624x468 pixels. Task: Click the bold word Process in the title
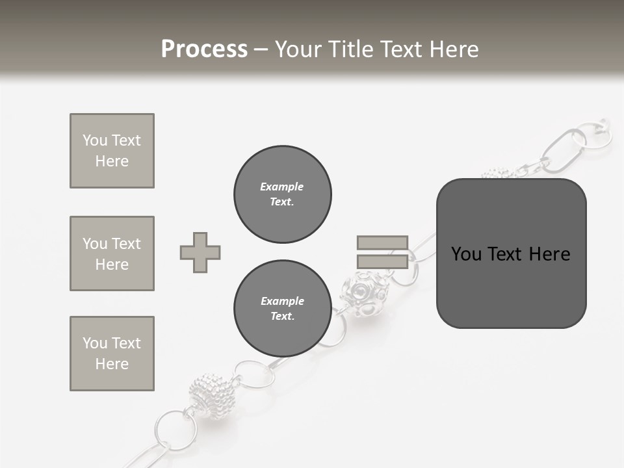(204, 49)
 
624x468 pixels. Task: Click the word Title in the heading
(349, 49)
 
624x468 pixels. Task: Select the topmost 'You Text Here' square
(112, 151)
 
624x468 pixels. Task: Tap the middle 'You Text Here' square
(112, 253)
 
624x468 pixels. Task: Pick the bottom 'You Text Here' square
(112, 354)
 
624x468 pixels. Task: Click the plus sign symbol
(200, 253)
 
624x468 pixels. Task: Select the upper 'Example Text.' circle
(282, 194)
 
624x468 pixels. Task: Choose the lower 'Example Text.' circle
(282, 309)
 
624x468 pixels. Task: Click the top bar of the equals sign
(382, 242)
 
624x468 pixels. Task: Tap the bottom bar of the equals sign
(382, 262)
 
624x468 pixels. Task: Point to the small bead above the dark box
(497, 174)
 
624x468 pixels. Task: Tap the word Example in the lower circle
(282, 301)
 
